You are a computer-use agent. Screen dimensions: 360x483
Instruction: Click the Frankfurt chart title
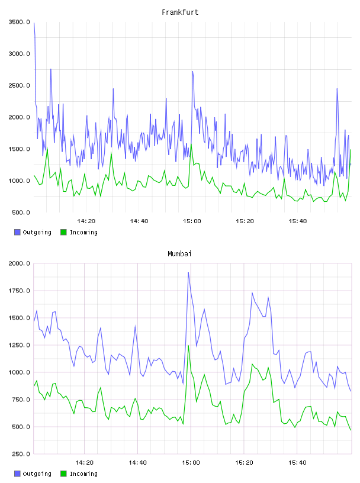[x=180, y=12]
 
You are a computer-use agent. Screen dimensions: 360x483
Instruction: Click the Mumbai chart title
[x=179, y=254]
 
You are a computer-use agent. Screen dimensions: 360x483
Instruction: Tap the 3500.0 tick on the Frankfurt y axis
[x=20, y=22]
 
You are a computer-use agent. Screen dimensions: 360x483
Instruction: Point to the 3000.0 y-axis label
[x=20, y=54]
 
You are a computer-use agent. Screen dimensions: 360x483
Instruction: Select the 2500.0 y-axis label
[x=20, y=85]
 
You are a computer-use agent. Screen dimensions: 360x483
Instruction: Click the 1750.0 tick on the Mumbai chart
[x=20, y=291]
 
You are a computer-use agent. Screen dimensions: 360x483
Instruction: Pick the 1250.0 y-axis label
[x=20, y=345]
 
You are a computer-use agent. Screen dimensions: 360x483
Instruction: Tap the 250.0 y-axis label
[x=21, y=454]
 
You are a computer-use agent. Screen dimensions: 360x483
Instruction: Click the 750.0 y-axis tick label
[x=21, y=400]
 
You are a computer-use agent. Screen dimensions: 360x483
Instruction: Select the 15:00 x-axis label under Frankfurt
[x=192, y=221]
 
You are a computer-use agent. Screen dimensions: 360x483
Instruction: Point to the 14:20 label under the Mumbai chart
[x=84, y=463]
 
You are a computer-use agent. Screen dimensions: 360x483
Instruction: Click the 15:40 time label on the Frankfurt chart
[x=298, y=221]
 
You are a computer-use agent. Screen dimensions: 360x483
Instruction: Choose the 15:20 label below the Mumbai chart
[x=244, y=463]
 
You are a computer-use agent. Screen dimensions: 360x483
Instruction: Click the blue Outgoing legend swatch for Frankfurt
[x=17, y=232]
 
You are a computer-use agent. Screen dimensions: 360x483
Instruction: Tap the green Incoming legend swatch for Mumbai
[x=63, y=474]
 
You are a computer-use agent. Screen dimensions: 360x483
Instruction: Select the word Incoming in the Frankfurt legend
[x=84, y=233]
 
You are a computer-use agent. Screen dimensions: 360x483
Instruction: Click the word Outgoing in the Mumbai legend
[x=37, y=474]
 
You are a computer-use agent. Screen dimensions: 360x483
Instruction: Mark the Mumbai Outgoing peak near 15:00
[x=188, y=273]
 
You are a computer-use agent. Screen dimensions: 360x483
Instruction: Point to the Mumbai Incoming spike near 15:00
[x=188, y=346]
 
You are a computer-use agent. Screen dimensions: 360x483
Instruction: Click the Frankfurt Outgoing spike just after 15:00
[x=192, y=72]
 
